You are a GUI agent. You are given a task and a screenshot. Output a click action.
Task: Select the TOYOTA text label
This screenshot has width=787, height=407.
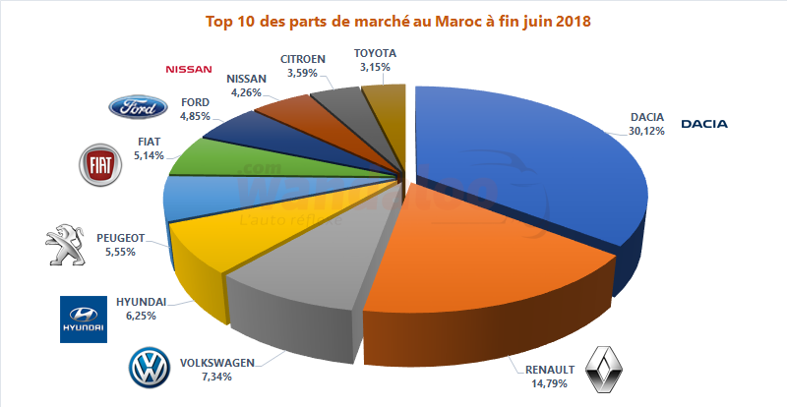376,53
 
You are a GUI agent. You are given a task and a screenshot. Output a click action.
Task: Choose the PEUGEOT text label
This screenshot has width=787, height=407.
122,238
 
